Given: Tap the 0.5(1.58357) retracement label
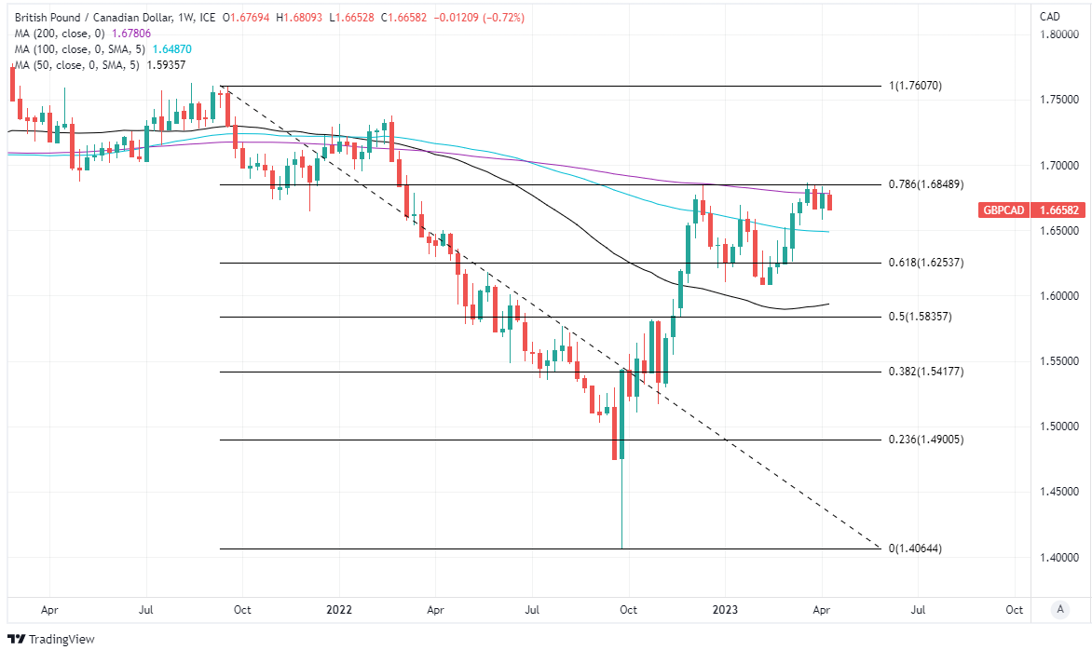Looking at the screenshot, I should [x=921, y=317].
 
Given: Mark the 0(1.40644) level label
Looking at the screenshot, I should [x=915, y=548].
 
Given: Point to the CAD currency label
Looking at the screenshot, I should [x=1050, y=16].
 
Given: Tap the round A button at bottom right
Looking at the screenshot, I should [x=1059, y=610].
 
